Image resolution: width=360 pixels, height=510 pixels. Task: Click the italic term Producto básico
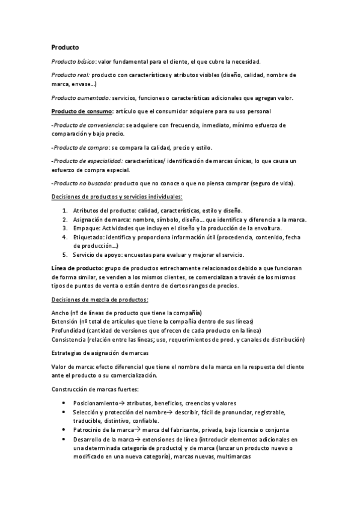[73, 61]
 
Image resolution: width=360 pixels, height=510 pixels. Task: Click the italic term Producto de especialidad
[88, 161]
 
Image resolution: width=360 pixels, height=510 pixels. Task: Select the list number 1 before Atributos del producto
[64, 210]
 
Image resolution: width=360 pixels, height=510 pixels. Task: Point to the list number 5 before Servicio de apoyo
[64, 254]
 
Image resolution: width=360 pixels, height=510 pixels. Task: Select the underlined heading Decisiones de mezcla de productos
[100, 300]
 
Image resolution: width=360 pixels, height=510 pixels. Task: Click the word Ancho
[59, 313]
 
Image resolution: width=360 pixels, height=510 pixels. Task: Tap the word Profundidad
[69, 331]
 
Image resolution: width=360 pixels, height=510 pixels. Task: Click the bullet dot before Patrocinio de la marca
[64, 430]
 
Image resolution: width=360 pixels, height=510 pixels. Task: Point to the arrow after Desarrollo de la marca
[136, 439]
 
